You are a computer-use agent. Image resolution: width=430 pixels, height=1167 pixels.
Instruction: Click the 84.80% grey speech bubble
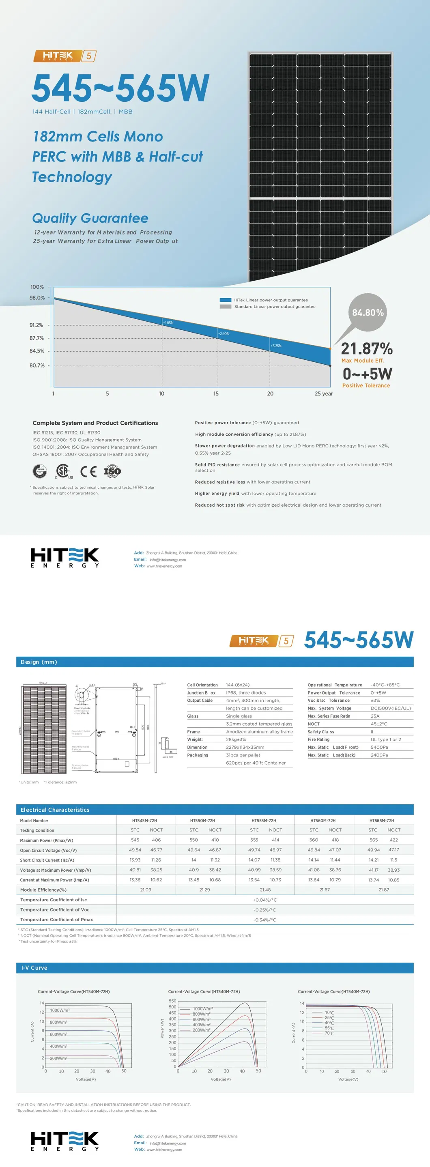[x=368, y=312]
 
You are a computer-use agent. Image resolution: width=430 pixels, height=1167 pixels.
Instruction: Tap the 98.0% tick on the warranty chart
[x=37, y=298]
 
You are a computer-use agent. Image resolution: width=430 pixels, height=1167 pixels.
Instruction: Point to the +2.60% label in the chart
[x=224, y=333]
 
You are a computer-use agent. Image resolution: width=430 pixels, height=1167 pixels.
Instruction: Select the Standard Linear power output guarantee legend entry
[x=274, y=307]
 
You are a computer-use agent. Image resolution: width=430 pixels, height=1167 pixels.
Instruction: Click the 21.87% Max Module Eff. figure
[x=367, y=349]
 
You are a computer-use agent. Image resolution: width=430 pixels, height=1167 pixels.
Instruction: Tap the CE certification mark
[x=88, y=472]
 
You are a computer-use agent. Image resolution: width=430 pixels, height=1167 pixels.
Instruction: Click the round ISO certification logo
[x=112, y=471]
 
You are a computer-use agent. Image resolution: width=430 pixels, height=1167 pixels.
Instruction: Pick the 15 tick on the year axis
[x=216, y=394]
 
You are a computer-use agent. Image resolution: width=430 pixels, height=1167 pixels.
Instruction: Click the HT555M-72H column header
[x=264, y=821]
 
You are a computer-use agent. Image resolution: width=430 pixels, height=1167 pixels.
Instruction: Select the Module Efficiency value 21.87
[x=383, y=890]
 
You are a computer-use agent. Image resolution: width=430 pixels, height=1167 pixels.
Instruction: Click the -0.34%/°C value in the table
[x=264, y=920]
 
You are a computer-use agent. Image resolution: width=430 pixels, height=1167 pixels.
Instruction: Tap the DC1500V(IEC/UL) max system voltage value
[x=391, y=708]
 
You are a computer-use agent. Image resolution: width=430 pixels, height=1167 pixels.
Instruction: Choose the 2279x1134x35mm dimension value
[x=245, y=747]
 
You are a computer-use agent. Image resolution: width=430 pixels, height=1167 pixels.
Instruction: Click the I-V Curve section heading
[x=34, y=968]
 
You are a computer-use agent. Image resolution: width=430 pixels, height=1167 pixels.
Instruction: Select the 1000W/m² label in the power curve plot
[x=202, y=1009]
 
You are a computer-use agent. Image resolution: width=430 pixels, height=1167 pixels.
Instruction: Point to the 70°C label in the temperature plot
[x=329, y=1034]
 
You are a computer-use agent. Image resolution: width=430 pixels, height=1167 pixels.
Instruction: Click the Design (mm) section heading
[x=39, y=662]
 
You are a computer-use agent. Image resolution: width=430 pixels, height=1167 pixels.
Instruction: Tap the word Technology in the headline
[x=72, y=177]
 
